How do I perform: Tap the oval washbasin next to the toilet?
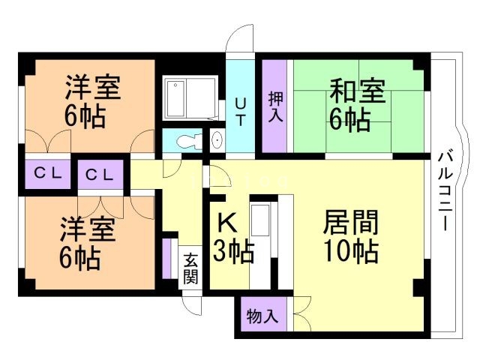pos(217,140)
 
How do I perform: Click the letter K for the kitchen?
pos(227,223)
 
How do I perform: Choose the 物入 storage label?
pos(262,316)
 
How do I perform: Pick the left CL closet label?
pos(46,173)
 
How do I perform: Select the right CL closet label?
pos(99,175)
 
